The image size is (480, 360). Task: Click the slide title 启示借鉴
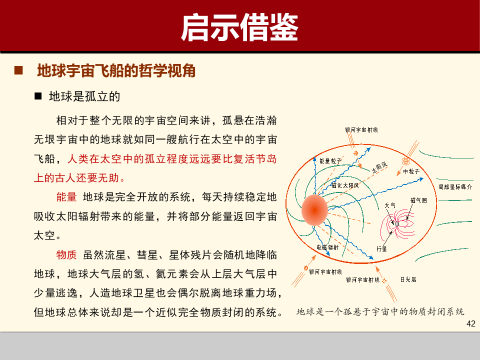[239, 27]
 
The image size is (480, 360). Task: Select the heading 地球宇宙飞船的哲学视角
[116, 71]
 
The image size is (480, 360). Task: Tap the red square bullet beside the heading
[18, 71]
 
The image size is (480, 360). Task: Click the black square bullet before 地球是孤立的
[37, 96]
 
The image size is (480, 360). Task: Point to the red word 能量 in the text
[66, 196]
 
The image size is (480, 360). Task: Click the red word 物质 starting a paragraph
[66, 255]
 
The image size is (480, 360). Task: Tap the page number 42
[470, 323]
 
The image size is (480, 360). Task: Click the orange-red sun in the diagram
[314, 210]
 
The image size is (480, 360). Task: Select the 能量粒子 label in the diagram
[330, 161]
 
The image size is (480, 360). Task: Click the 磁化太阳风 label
[345, 185]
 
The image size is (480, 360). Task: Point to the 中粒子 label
[411, 171]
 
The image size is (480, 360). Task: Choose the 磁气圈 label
[418, 200]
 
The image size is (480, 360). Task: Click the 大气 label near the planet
[390, 205]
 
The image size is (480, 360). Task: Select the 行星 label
[381, 248]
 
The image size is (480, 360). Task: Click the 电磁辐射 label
[327, 247]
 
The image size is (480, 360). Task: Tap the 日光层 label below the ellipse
[408, 279]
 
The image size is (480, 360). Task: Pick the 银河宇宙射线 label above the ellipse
[361, 129]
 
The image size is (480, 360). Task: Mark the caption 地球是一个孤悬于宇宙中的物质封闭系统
[380, 311]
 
